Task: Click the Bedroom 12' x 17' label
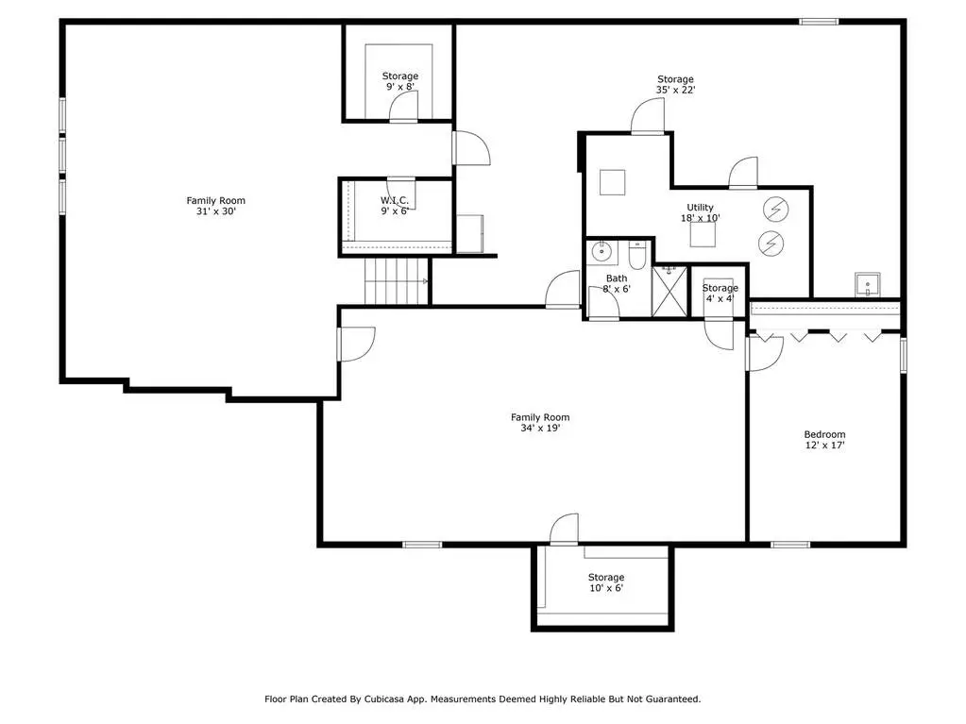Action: coord(824,440)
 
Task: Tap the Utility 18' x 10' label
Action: coord(700,212)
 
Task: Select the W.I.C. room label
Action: coord(395,206)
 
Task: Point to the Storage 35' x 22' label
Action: coord(675,84)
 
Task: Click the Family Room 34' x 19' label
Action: coord(540,422)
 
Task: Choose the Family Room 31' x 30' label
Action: coord(215,206)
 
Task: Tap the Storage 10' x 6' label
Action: coord(606,582)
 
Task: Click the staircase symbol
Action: coord(396,281)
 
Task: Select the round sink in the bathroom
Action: coord(602,251)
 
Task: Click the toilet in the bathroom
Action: coord(636,255)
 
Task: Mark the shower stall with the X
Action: coord(669,291)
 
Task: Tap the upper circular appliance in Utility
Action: coord(775,210)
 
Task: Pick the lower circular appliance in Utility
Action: coord(771,244)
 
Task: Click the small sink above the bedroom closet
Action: coord(868,284)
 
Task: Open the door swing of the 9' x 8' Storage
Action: coord(403,106)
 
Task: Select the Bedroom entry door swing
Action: coord(765,353)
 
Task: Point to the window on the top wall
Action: coord(819,22)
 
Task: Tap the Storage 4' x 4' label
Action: coord(720,293)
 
